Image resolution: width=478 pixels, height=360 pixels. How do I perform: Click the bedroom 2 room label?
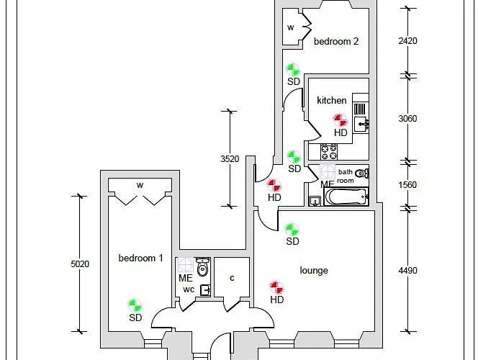[x=336, y=42]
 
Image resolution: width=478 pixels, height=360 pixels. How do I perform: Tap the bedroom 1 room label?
[x=141, y=258]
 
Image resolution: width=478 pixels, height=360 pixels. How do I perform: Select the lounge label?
[x=314, y=270]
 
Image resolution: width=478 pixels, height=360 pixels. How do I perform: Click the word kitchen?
[x=332, y=101]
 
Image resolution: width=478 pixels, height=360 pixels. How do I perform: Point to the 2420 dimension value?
[x=407, y=41]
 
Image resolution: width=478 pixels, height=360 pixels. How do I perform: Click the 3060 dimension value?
[x=407, y=119]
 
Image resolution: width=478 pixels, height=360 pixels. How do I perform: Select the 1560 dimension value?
[x=407, y=184]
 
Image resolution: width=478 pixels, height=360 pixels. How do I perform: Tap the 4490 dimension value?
[x=407, y=271]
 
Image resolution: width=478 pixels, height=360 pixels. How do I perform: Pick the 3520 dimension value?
[x=230, y=159]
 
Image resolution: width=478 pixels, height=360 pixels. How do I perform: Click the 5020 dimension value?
[x=80, y=264]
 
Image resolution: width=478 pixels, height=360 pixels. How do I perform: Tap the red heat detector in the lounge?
[x=276, y=287]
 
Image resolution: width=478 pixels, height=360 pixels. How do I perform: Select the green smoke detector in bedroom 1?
[x=135, y=305]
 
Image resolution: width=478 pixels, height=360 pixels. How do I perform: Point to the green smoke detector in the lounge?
[x=292, y=229]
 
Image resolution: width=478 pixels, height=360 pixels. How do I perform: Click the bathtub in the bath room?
[x=346, y=196]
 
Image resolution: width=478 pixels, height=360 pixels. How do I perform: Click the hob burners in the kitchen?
[x=329, y=152]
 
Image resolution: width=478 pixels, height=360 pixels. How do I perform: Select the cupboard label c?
[x=232, y=278]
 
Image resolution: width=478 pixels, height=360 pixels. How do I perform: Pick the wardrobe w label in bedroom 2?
[x=291, y=27]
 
